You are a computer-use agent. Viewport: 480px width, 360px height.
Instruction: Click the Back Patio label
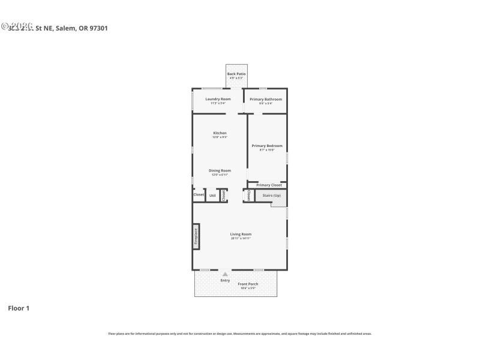pyautogui.click(x=236, y=74)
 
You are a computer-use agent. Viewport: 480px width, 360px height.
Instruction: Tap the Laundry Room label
pyautogui.click(x=218, y=99)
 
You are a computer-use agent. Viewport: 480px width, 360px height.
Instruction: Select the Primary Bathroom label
pyautogui.click(x=266, y=99)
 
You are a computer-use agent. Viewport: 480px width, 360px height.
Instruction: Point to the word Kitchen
pyautogui.click(x=220, y=133)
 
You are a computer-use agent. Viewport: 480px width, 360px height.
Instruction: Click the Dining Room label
pyautogui.click(x=220, y=170)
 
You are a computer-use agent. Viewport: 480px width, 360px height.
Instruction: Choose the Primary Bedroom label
pyautogui.click(x=267, y=146)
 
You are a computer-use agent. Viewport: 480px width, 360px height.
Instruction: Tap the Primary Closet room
pyautogui.click(x=269, y=185)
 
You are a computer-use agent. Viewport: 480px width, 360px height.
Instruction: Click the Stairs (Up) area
pyautogui.click(x=271, y=196)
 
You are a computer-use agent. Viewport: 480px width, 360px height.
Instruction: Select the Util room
pyautogui.click(x=212, y=196)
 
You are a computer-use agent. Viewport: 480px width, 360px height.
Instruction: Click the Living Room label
pyautogui.click(x=241, y=234)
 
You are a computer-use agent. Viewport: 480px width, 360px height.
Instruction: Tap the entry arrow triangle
pyautogui.click(x=225, y=274)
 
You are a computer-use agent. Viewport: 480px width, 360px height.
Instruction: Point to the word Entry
pyautogui.click(x=225, y=280)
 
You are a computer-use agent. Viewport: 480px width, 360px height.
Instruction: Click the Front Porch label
pyautogui.click(x=248, y=284)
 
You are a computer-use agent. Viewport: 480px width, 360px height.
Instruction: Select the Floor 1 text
pyautogui.click(x=19, y=308)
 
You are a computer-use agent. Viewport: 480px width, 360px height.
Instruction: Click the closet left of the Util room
pyautogui.click(x=199, y=194)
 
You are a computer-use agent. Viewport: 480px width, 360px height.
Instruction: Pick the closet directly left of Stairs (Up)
pyautogui.click(x=248, y=195)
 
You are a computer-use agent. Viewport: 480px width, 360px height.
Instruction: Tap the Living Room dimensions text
pyautogui.click(x=241, y=238)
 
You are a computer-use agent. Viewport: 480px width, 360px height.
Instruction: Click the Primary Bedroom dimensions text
pyautogui.click(x=267, y=150)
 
